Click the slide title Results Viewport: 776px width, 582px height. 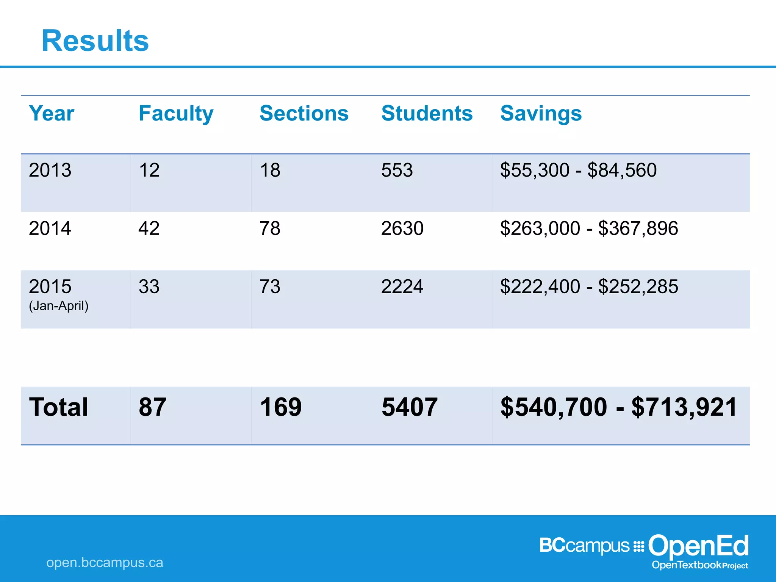click(95, 41)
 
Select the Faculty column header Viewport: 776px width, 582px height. click(176, 113)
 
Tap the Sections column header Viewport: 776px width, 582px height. click(304, 113)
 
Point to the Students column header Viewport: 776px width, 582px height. click(427, 113)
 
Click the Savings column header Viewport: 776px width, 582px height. click(541, 113)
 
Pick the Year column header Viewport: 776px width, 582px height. click(52, 113)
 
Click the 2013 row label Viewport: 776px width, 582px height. click(50, 170)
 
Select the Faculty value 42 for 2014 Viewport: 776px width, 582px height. click(149, 228)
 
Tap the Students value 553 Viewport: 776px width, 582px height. click(397, 170)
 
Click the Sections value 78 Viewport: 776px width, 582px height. click(270, 228)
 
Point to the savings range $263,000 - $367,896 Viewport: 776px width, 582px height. click(589, 228)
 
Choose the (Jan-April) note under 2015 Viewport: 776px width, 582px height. click(59, 306)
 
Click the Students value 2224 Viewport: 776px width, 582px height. click(402, 286)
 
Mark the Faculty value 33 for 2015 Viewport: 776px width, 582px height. click(149, 286)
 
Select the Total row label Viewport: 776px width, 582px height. click(58, 407)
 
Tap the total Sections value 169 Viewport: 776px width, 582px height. click(280, 407)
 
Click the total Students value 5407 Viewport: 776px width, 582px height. click(410, 407)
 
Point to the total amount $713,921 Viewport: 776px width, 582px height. click(684, 407)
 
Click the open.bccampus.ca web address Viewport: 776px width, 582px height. click(105, 563)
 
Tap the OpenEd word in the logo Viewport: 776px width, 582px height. click(698, 546)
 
